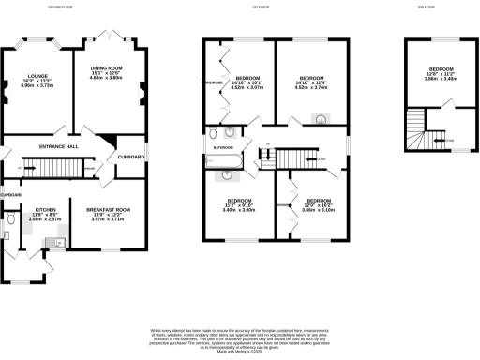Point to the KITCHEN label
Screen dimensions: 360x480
46,210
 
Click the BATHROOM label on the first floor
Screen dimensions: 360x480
221,149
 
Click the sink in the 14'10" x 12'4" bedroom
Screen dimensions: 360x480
320,119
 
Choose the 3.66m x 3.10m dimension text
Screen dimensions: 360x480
319,210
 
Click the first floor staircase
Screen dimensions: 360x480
293,162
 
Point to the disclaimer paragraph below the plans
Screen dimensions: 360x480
239,338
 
